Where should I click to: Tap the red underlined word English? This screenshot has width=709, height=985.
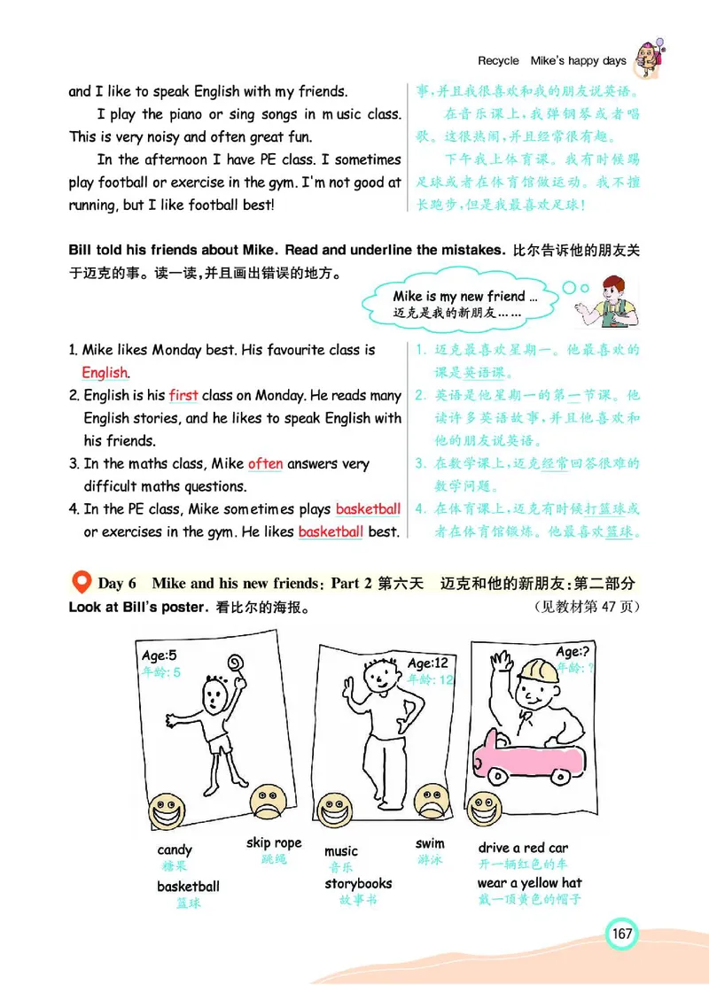pyautogui.click(x=105, y=373)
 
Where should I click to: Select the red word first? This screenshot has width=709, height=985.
pyautogui.click(x=183, y=396)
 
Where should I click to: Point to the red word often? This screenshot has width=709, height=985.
pyautogui.click(x=265, y=463)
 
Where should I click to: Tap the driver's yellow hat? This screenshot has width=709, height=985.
pyautogui.click(x=535, y=674)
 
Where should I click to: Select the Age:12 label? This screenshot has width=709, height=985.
pyautogui.click(x=429, y=663)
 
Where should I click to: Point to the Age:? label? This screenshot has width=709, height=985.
pyautogui.click(x=574, y=652)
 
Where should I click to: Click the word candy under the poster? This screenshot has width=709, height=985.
pyautogui.click(x=175, y=850)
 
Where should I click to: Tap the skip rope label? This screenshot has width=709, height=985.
pyautogui.click(x=274, y=842)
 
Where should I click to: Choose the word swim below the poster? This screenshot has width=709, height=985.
pyautogui.click(x=430, y=843)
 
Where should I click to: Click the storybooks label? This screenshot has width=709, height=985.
pyautogui.click(x=358, y=883)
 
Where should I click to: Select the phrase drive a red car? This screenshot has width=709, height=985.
pyautogui.click(x=523, y=848)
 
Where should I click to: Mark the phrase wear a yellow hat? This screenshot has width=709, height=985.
pyautogui.click(x=529, y=882)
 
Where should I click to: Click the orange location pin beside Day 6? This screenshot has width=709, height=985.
pyautogui.click(x=81, y=582)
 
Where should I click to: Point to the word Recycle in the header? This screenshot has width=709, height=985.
pyautogui.click(x=498, y=61)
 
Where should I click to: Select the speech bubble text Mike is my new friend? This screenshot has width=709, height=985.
pyautogui.click(x=464, y=297)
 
